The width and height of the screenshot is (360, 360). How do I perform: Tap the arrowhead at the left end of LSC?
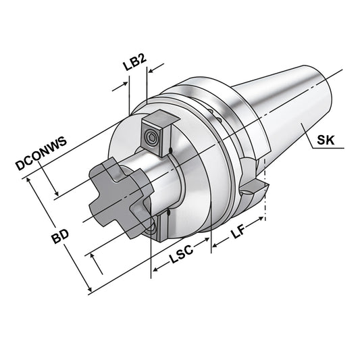tap(155, 271)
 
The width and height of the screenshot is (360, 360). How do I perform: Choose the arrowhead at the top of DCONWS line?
tap(27, 178)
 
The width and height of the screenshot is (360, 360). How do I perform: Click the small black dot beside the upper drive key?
tap(172, 150)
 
